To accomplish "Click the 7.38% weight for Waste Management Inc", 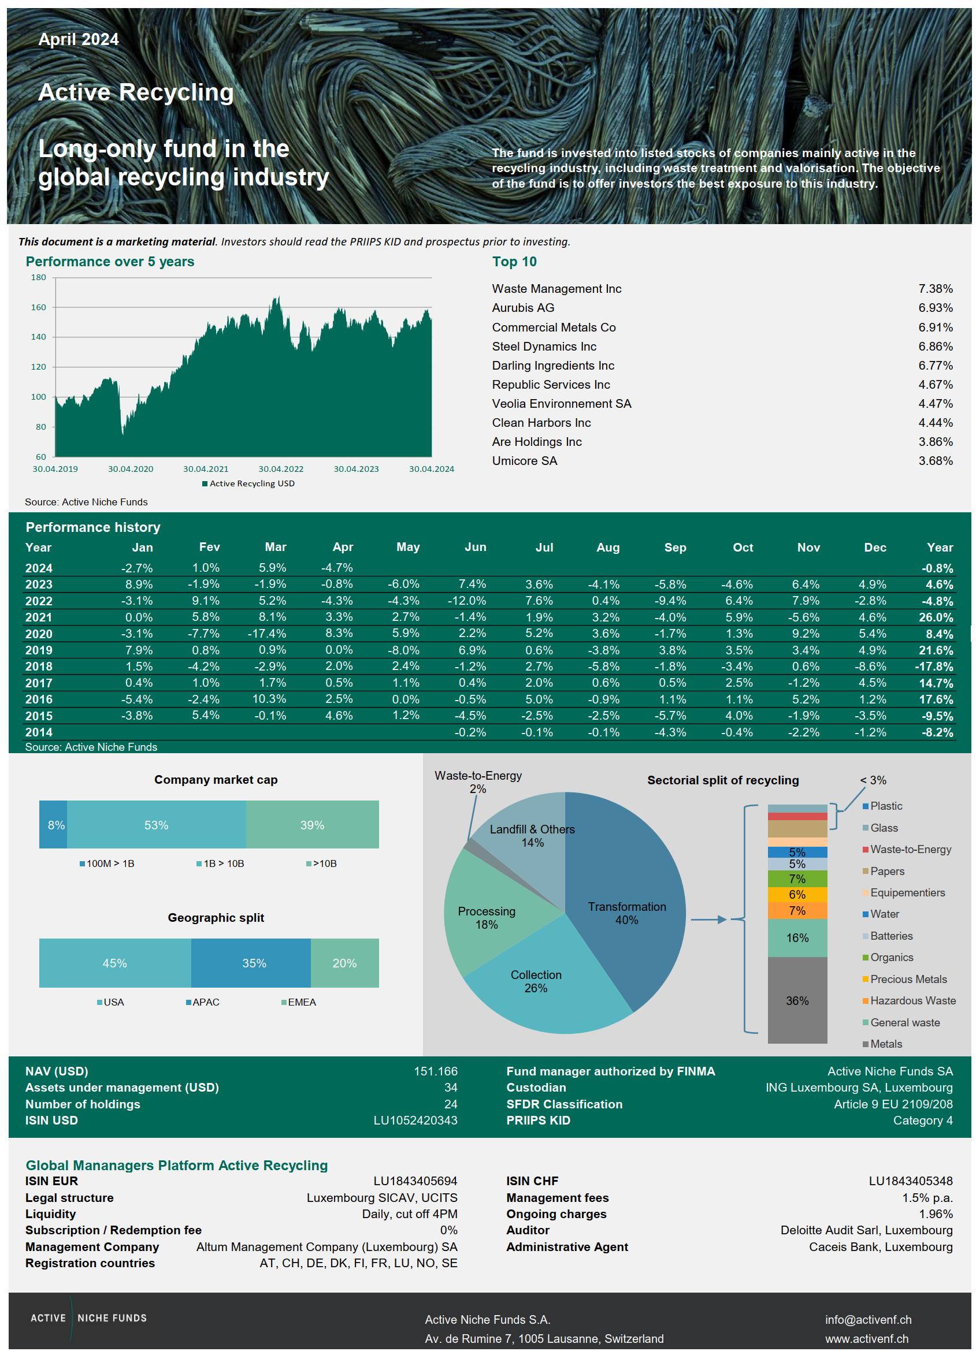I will pos(935,289).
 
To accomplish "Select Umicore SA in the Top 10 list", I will pos(524,461).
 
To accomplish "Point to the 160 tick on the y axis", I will pos(38,307).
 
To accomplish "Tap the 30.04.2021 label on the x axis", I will pos(206,469).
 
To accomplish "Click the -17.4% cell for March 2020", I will pos(266,633).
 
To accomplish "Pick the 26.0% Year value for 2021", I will pos(936,617).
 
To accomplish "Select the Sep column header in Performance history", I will pos(675,548).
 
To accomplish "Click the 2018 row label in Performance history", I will pos(39,666).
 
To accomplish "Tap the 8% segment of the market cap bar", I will pos(54,824).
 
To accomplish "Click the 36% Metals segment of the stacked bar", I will pos(797,1001).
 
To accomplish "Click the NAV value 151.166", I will pos(435,1071).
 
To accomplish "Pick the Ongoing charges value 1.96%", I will pos(936,1214).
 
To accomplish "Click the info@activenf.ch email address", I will pos(868,1320).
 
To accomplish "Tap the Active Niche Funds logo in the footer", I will pos(88,1318).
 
